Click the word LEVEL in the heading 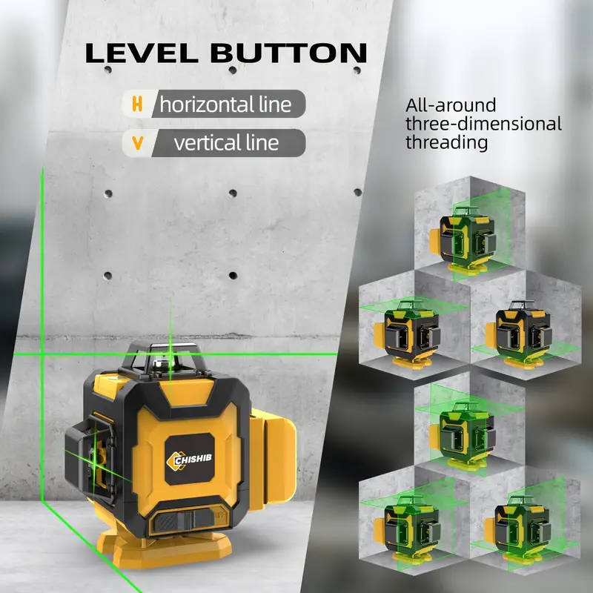[x=142, y=53]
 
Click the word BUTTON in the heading [x=288, y=53]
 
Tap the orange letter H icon [x=137, y=104]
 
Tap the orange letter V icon [x=138, y=143]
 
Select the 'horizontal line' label [x=225, y=105]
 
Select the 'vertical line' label [x=226, y=143]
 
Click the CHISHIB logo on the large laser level [x=189, y=460]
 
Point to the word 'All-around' [x=451, y=105]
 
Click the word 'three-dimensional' [x=483, y=124]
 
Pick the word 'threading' [x=447, y=142]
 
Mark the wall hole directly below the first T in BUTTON [x=233, y=70]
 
